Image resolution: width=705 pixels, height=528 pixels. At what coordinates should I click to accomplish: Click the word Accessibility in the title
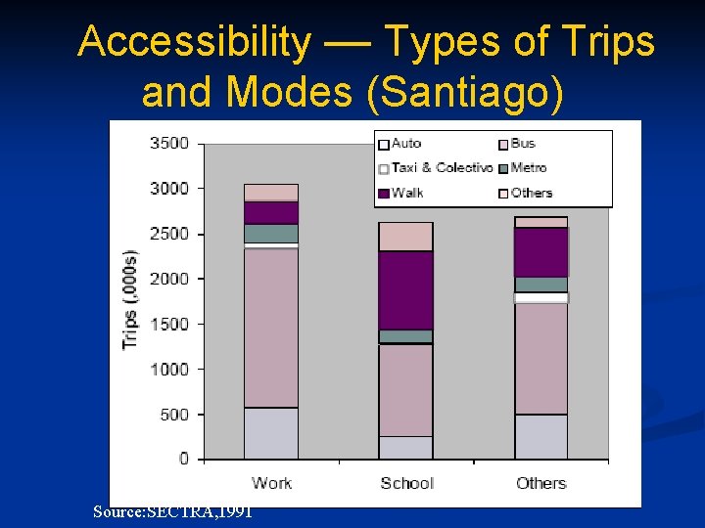[x=192, y=42]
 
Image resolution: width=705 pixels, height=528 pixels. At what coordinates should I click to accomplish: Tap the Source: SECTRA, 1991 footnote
[x=172, y=511]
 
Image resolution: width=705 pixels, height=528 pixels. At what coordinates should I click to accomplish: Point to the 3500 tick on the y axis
[x=168, y=144]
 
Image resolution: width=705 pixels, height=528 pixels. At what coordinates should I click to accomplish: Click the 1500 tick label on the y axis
[x=168, y=324]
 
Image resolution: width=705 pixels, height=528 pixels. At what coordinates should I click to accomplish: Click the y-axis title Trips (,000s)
[x=129, y=300]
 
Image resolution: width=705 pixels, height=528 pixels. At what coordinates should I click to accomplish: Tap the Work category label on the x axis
[x=271, y=483]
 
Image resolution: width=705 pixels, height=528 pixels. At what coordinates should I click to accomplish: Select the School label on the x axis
[x=406, y=483]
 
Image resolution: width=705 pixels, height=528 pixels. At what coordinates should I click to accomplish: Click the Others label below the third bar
[x=540, y=483]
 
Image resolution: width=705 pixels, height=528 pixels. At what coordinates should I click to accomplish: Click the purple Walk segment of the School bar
[x=406, y=290]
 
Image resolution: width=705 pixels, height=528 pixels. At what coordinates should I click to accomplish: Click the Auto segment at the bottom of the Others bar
[x=540, y=436]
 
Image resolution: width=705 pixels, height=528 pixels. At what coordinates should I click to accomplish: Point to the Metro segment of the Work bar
[x=271, y=233]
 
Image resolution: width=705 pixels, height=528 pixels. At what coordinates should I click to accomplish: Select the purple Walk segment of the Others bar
[x=540, y=252]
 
